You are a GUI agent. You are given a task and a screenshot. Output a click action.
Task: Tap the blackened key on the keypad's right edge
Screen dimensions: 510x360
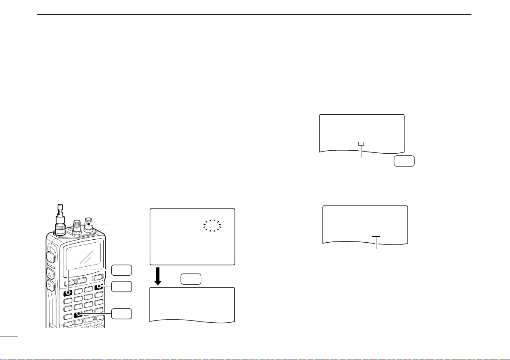click(99, 286)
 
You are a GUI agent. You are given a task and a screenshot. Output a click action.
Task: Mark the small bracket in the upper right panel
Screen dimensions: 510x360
click(362, 144)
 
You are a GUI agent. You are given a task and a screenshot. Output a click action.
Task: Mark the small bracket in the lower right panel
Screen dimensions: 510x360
click(376, 236)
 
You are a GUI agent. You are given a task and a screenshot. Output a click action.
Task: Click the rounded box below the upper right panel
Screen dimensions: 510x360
click(404, 161)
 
